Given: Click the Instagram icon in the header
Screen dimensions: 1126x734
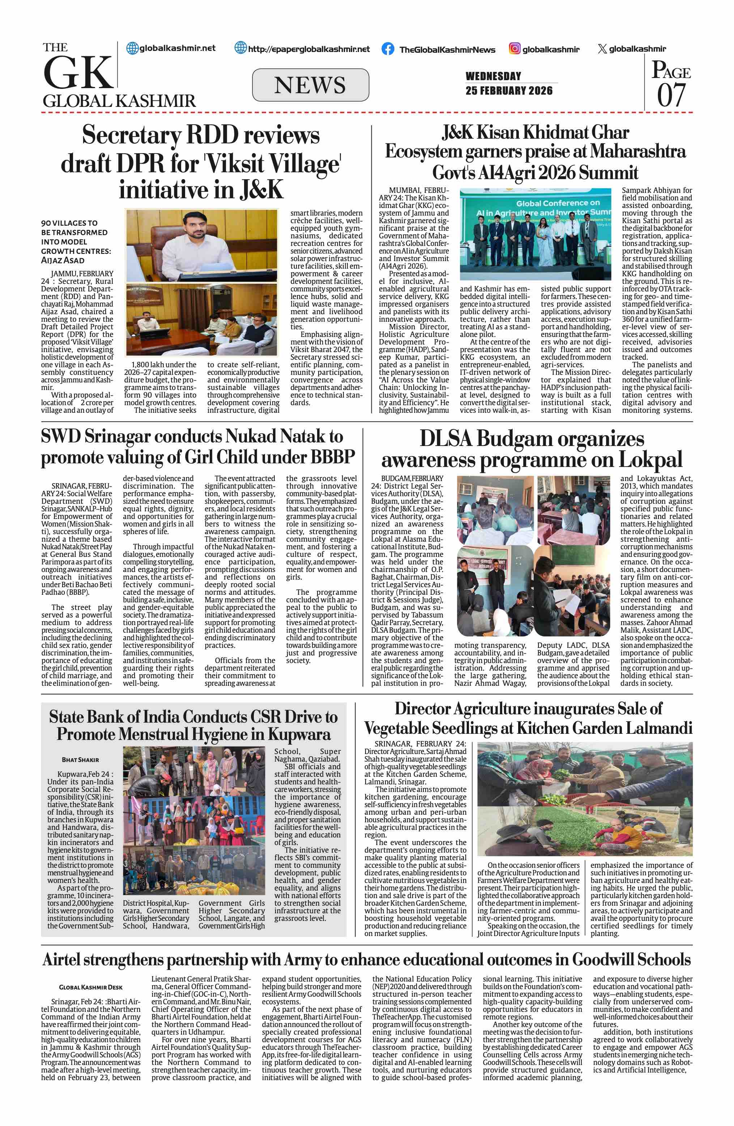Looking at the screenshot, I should (x=515, y=48).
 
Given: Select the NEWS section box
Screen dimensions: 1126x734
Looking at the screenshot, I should (x=310, y=85).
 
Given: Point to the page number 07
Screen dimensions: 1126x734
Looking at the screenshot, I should (x=671, y=95).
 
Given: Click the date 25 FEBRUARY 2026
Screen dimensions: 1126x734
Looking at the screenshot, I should (x=509, y=90).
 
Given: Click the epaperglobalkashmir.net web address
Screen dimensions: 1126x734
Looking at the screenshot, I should (x=309, y=49).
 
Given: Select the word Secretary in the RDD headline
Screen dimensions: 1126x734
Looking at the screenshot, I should (x=131, y=136).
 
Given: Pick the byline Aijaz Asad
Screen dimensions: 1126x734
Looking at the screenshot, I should (x=63, y=260).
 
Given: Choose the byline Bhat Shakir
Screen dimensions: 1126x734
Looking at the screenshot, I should (x=81, y=760).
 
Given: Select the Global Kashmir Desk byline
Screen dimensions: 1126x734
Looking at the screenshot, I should (x=90, y=987).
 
